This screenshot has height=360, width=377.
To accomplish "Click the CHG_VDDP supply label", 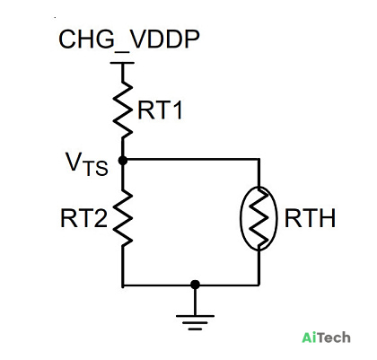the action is (x=129, y=40).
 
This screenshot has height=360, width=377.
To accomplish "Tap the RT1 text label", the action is (x=160, y=110).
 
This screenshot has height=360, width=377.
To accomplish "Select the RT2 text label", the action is (x=83, y=218).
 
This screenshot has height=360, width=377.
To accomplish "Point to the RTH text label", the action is (x=310, y=218).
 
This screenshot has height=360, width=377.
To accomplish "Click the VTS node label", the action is (x=87, y=164).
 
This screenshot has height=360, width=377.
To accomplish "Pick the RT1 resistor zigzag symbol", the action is (x=122, y=110).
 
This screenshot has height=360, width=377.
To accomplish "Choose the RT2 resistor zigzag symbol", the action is (x=122, y=217).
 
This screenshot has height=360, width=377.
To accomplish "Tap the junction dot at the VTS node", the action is (x=122, y=161).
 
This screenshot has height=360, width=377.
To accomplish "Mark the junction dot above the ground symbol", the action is (x=195, y=285).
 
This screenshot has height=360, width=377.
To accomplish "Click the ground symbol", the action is (x=195, y=322).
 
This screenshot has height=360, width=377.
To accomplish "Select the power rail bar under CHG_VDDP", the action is (x=122, y=63).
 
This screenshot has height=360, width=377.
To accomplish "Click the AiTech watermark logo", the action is (x=326, y=338).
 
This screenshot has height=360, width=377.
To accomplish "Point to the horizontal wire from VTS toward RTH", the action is (x=190, y=159).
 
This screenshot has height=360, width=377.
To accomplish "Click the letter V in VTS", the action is (x=74, y=162).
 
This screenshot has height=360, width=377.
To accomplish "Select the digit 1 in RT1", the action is (x=177, y=110).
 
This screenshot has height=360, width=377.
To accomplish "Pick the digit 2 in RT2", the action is (x=101, y=218).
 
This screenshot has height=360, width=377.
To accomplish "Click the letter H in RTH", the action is (x=328, y=218).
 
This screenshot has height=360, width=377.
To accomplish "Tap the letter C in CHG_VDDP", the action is (x=67, y=39).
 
